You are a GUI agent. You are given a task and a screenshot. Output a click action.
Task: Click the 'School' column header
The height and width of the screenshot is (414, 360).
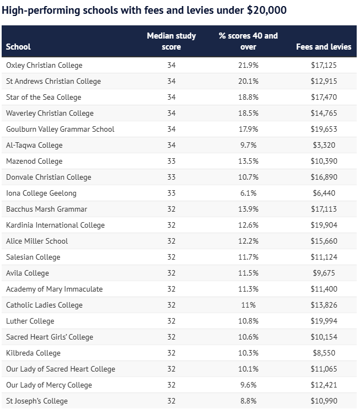18,47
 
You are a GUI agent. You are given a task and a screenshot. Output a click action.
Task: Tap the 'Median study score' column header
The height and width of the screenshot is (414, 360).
171,41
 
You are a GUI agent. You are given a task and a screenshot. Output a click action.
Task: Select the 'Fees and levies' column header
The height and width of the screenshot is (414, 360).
324,47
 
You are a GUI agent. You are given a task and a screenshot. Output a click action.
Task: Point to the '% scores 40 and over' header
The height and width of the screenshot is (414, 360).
248,41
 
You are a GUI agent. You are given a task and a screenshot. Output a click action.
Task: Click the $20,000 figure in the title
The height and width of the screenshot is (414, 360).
267,10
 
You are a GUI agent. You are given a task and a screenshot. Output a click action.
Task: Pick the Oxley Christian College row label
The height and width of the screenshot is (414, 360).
44,65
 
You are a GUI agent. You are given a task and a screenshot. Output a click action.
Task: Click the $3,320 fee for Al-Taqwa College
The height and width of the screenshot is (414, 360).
324,145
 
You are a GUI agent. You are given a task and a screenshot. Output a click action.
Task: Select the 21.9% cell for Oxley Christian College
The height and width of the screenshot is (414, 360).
248,65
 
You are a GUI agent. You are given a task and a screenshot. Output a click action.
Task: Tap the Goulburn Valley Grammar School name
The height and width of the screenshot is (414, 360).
60,129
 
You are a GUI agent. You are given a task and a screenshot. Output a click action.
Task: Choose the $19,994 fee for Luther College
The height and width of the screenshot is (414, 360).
324,321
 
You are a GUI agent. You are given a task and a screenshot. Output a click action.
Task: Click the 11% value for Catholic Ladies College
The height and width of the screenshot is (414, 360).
248,305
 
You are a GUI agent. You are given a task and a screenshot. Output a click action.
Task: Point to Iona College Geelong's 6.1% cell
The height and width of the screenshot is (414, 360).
248,193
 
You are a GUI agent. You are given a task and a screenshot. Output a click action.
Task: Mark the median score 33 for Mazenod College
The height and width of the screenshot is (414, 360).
171,161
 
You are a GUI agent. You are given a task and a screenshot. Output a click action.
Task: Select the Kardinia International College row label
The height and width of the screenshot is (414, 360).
55,225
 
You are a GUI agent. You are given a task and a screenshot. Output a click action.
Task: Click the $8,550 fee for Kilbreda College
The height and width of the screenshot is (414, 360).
324,353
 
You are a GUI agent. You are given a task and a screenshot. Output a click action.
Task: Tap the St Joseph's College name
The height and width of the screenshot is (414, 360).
37,401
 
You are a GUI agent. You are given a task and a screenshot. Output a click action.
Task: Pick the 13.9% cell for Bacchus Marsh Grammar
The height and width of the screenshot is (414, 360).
248,209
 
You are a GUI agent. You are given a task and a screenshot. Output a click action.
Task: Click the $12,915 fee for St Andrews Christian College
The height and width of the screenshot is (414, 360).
324,81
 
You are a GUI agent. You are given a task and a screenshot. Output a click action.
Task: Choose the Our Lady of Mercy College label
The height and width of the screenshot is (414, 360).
49,385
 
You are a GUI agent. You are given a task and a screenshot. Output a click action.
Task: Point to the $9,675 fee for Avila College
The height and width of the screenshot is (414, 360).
324,273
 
